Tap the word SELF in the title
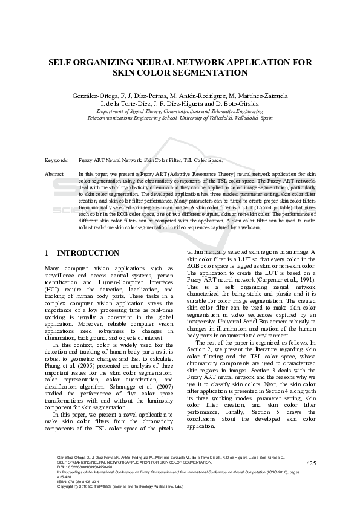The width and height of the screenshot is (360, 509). pos(61,62)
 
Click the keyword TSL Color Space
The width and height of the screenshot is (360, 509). pos(202,160)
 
